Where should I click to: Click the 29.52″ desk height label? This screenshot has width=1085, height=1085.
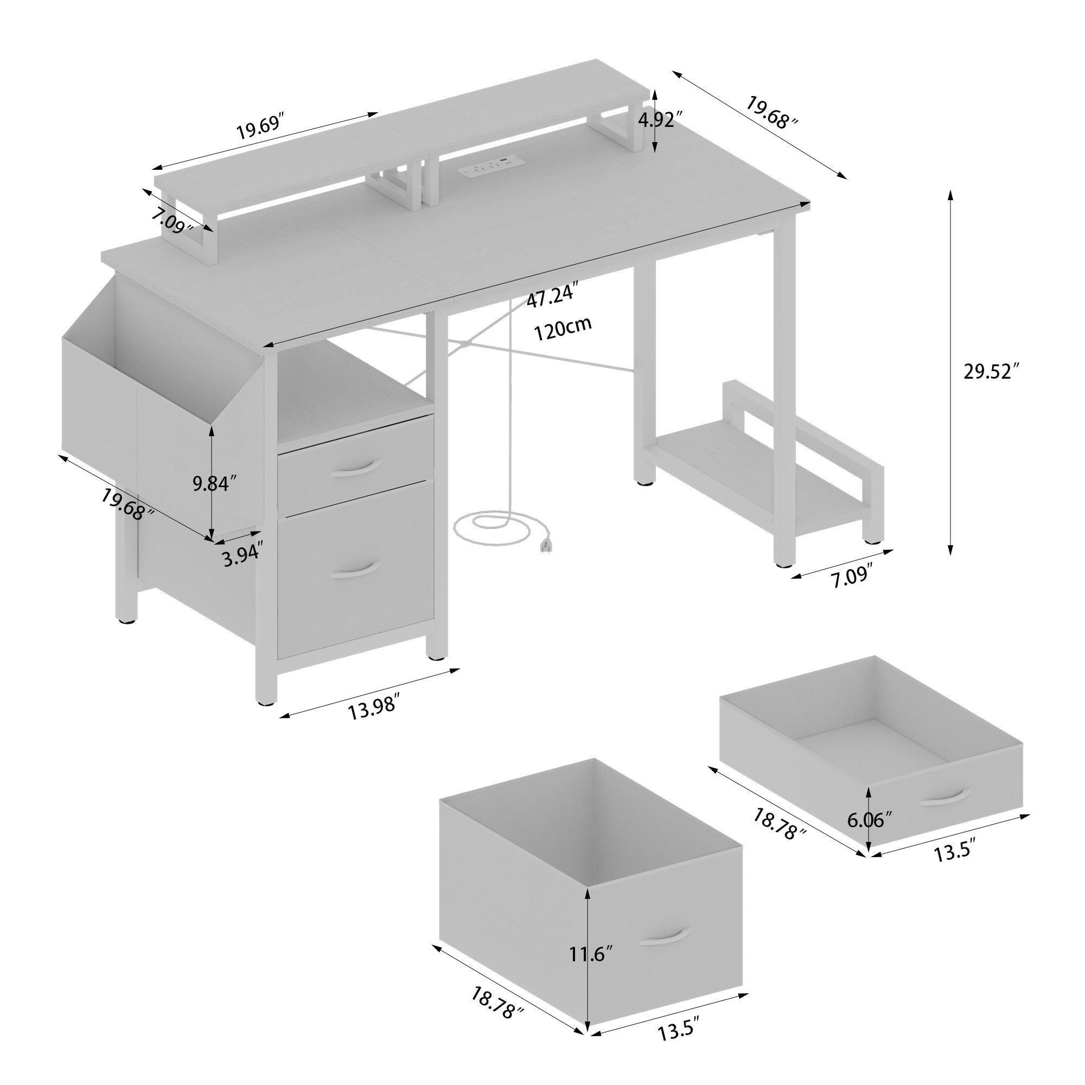[x=991, y=372]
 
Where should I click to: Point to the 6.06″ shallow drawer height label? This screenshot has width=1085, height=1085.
[x=869, y=820]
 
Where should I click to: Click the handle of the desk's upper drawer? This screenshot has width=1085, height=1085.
[x=355, y=468]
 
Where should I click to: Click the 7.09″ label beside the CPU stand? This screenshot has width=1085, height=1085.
[x=852, y=577]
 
